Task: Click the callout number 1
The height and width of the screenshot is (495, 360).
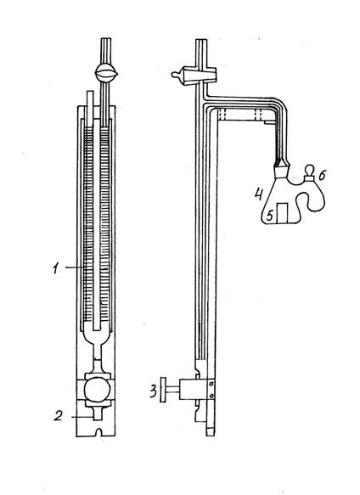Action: [x=56, y=268]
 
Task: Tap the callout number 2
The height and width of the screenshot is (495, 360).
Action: [x=58, y=416]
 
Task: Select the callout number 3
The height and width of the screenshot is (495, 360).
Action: [x=153, y=391]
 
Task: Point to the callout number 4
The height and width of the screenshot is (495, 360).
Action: [x=259, y=194]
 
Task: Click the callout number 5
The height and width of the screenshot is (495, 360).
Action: [x=269, y=216]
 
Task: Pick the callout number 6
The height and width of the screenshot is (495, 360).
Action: [x=322, y=176]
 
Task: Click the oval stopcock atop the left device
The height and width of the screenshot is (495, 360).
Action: [x=106, y=73]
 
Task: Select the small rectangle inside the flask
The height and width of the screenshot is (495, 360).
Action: [x=282, y=213]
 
